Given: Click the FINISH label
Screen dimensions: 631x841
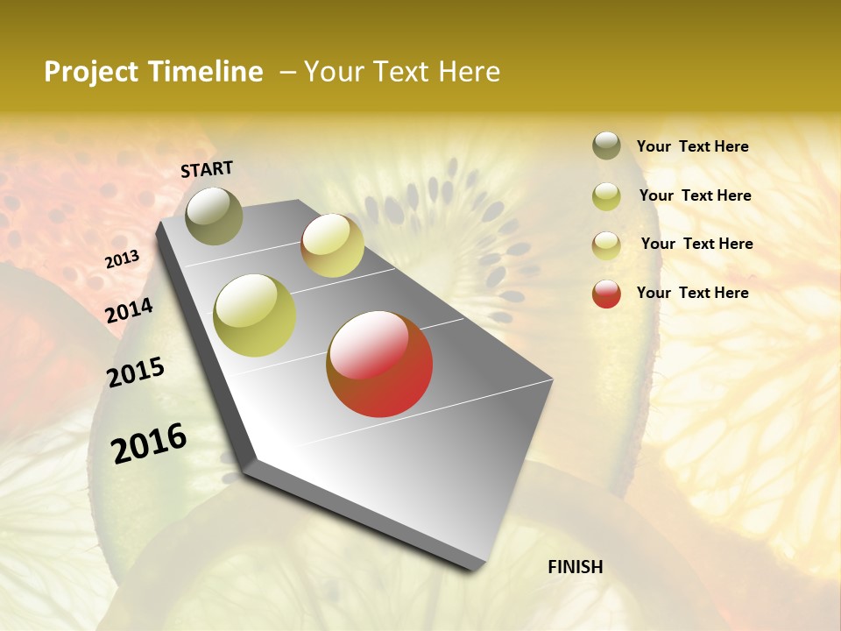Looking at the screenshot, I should [575, 567].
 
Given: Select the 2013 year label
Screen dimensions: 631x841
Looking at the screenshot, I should [122, 259].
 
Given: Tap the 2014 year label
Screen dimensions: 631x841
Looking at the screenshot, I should [129, 310].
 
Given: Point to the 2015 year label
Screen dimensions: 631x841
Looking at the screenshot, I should [136, 372].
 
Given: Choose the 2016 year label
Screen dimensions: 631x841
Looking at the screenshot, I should [149, 443].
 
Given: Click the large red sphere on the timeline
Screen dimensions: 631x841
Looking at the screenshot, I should [379, 364].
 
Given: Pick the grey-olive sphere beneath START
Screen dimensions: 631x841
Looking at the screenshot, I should [214, 216].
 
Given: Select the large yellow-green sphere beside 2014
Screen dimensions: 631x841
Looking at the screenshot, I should [254, 315].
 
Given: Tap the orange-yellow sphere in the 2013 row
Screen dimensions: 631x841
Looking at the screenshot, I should [332, 245].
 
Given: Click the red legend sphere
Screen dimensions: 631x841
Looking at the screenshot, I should [606, 294].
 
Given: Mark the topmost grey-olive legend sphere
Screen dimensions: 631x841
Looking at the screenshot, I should [606, 145].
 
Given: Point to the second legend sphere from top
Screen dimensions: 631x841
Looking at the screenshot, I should [606, 196].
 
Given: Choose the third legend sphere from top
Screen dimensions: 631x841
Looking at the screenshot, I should [606, 245].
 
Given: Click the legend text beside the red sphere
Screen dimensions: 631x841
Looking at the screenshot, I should [692, 293].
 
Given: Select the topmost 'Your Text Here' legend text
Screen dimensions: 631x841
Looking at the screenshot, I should [692, 146].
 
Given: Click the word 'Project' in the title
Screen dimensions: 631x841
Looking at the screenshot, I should [90, 72].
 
